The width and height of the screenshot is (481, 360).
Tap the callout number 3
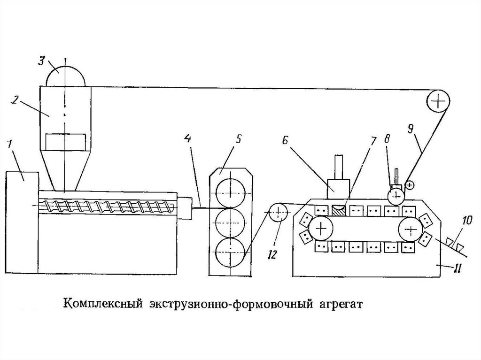point(41,60)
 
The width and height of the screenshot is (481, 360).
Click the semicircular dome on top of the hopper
point(65,77)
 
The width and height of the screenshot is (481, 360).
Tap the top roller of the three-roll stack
point(231,193)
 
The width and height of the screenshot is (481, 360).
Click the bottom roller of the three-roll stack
point(230,252)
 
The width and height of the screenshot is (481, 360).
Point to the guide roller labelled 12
point(278,212)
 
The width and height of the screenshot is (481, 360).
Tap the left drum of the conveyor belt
point(321,229)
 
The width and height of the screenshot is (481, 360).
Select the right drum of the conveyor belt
point(411,229)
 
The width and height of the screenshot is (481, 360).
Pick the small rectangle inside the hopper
point(65,142)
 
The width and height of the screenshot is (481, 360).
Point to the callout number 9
point(411,130)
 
